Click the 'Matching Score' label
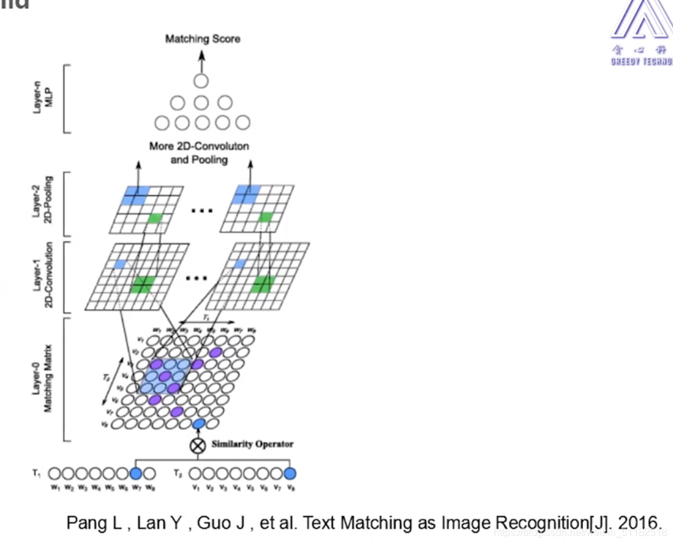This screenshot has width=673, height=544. pyautogui.click(x=202, y=39)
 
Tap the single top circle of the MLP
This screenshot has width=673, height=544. pyautogui.click(x=201, y=81)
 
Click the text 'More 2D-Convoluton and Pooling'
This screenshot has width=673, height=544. pyautogui.click(x=199, y=152)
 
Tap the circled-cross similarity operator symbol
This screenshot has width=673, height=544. pyautogui.click(x=198, y=445)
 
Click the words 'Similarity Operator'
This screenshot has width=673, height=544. pyautogui.click(x=253, y=444)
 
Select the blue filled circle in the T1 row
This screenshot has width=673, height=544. pyautogui.click(x=135, y=474)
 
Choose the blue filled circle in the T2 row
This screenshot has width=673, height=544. pyautogui.click(x=290, y=474)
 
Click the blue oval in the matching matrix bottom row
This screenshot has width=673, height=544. pyautogui.click(x=198, y=423)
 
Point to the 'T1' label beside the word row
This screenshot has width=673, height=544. pyautogui.click(x=36, y=473)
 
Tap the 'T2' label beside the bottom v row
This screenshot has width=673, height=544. pyautogui.click(x=180, y=473)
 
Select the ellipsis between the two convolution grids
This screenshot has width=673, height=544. pyautogui.click(x=196, y=278)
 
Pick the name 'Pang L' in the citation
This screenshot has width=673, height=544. pyautogui.click(x=86, y=522)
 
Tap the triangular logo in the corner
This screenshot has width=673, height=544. pyautogui.click(x=641, y=22)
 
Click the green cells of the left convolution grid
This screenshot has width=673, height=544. pyautogui.click(x=142, y=284)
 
